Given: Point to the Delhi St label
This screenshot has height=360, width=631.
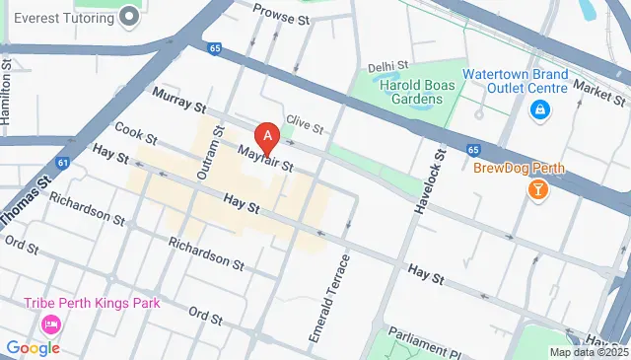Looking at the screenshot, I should point(387,67).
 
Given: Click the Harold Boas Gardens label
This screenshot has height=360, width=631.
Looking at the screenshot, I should point(419,92).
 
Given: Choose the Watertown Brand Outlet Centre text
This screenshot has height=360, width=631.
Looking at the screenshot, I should point(530,82).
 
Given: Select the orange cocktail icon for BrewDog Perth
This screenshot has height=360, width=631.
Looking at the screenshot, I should point(538,188).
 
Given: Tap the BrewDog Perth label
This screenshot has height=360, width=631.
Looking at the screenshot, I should point(519,168).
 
